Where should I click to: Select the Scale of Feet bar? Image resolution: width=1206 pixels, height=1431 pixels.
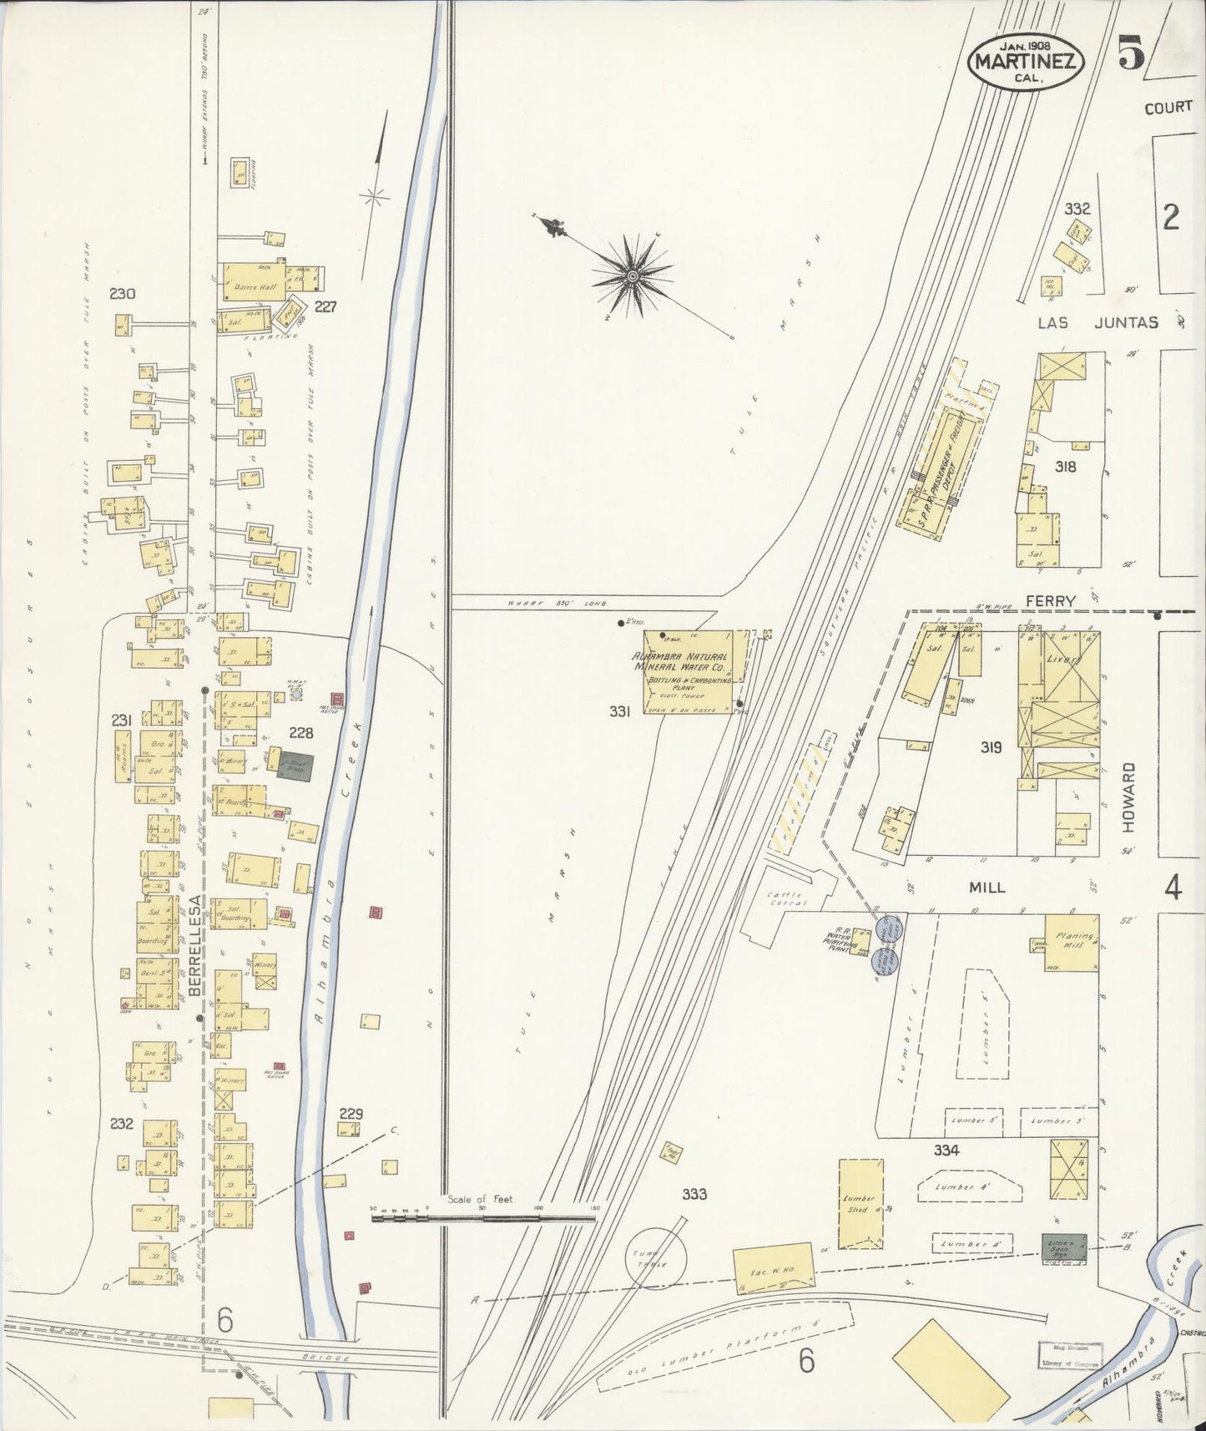pyautogui.click(x=484, y=1218)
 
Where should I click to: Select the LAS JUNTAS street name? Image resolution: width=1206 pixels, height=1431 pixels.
pyautogui.click(x=1098, y=322)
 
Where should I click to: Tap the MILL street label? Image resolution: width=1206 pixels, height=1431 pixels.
pyautogui.click(x=986, y=887)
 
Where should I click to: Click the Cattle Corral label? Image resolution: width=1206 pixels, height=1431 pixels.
pyautogui.click(x=785, y=900)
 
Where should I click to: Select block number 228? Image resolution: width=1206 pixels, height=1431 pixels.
pyautogui.click(x=300, y=732)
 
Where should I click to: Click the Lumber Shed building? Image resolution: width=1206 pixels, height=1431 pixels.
pyautogui.click(x=860, y=1203)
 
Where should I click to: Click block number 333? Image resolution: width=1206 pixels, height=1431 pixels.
pyautogui.click(x=694, y=1194)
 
